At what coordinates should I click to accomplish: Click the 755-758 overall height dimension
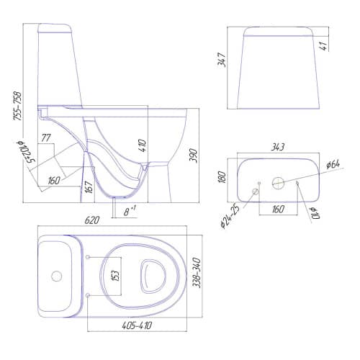tap(18, 106)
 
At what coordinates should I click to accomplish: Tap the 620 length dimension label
tap(91, 220)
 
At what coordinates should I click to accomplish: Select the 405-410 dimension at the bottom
tap(137, 325)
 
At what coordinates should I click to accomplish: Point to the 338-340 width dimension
tap(197, 273)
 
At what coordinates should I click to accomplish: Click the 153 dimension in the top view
tap(116, 276)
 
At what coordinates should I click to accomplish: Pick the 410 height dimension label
tap(142, 145)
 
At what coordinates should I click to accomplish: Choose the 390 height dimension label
tap(193, 156)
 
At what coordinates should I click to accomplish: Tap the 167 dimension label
tap(89, 187)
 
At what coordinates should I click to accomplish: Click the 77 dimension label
tap(46, 138)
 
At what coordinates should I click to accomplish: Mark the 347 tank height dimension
tap(221, 60)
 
